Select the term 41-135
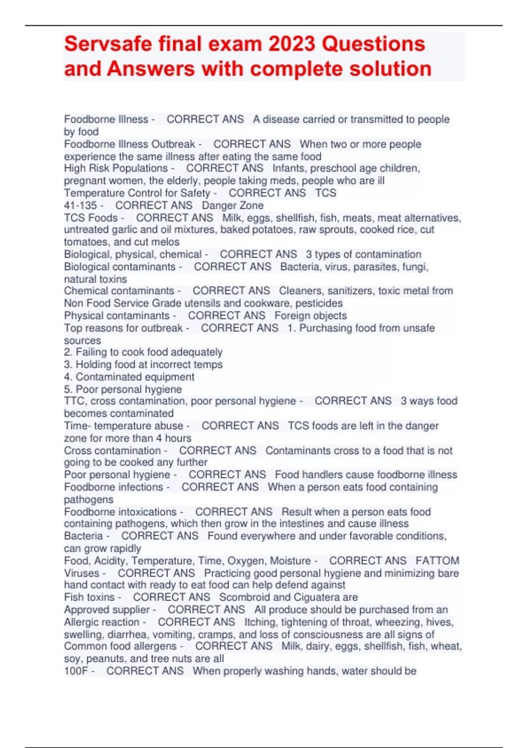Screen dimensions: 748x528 click(81, 205)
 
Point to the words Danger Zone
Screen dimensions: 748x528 click(233, 205)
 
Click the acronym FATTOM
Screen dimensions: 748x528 click(437, 561)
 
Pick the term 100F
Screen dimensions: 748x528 click(76, 671)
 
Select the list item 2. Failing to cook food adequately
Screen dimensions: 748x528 click(143, 352)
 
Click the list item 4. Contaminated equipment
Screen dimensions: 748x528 click(129, 377)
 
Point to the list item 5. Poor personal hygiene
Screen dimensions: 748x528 click(123, 389)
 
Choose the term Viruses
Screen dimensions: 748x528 click(82, 573)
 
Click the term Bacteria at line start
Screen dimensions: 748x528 click(83, 536)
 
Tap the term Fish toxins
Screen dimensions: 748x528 click(89, 597)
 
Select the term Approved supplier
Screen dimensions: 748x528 click(107, 610)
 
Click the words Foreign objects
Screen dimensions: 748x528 click(311, 315)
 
